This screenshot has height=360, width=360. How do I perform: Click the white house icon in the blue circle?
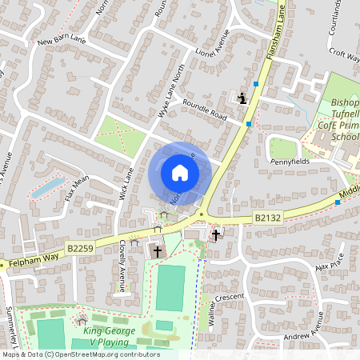(x=179, y=173)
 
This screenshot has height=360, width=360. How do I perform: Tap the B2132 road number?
(x=271, y=216)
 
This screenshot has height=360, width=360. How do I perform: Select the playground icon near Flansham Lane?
(x=241, y=98)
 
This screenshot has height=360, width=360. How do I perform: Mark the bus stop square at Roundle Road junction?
(x=249, y=123)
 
